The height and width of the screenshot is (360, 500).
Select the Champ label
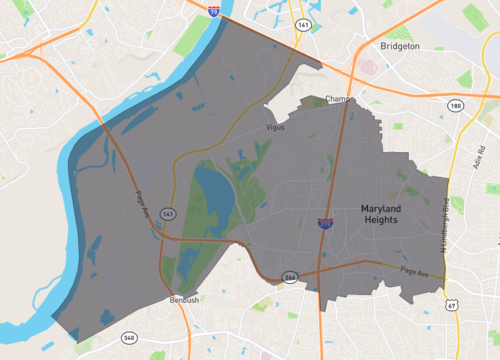coord(336,100)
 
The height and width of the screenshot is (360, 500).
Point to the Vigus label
coord(276,128)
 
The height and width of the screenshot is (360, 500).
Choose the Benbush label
coord(184,298)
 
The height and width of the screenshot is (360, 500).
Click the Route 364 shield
coord(289,277)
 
